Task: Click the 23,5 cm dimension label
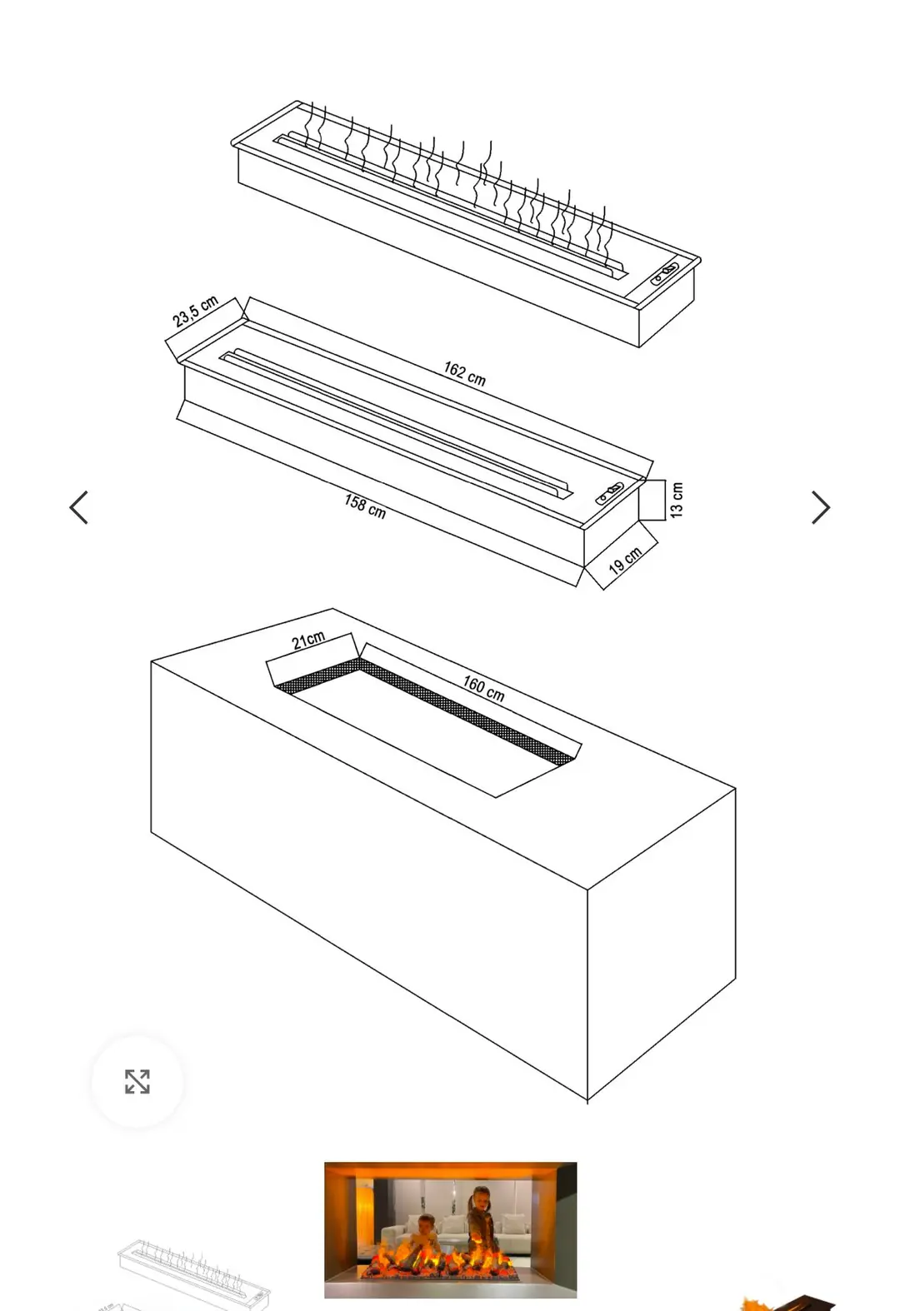pos(195,311)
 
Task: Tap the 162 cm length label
pos(464,373)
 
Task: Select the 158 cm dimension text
pos(365,506)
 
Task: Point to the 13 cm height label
pos(677,500)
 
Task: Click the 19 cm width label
pos(625,560)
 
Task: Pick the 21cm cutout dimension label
pos(308,641)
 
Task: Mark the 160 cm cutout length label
pos(483,688)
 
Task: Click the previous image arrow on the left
pos(79,507)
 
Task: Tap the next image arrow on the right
pos(820,507)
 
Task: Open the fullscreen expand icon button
pos(137,1081)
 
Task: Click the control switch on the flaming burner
pos(665,273)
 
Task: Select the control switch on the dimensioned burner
pos(609,494)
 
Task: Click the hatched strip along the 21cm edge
pos(317,675)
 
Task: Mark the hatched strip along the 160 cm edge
pos(466,711)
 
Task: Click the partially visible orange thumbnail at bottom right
pos(787,1302)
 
